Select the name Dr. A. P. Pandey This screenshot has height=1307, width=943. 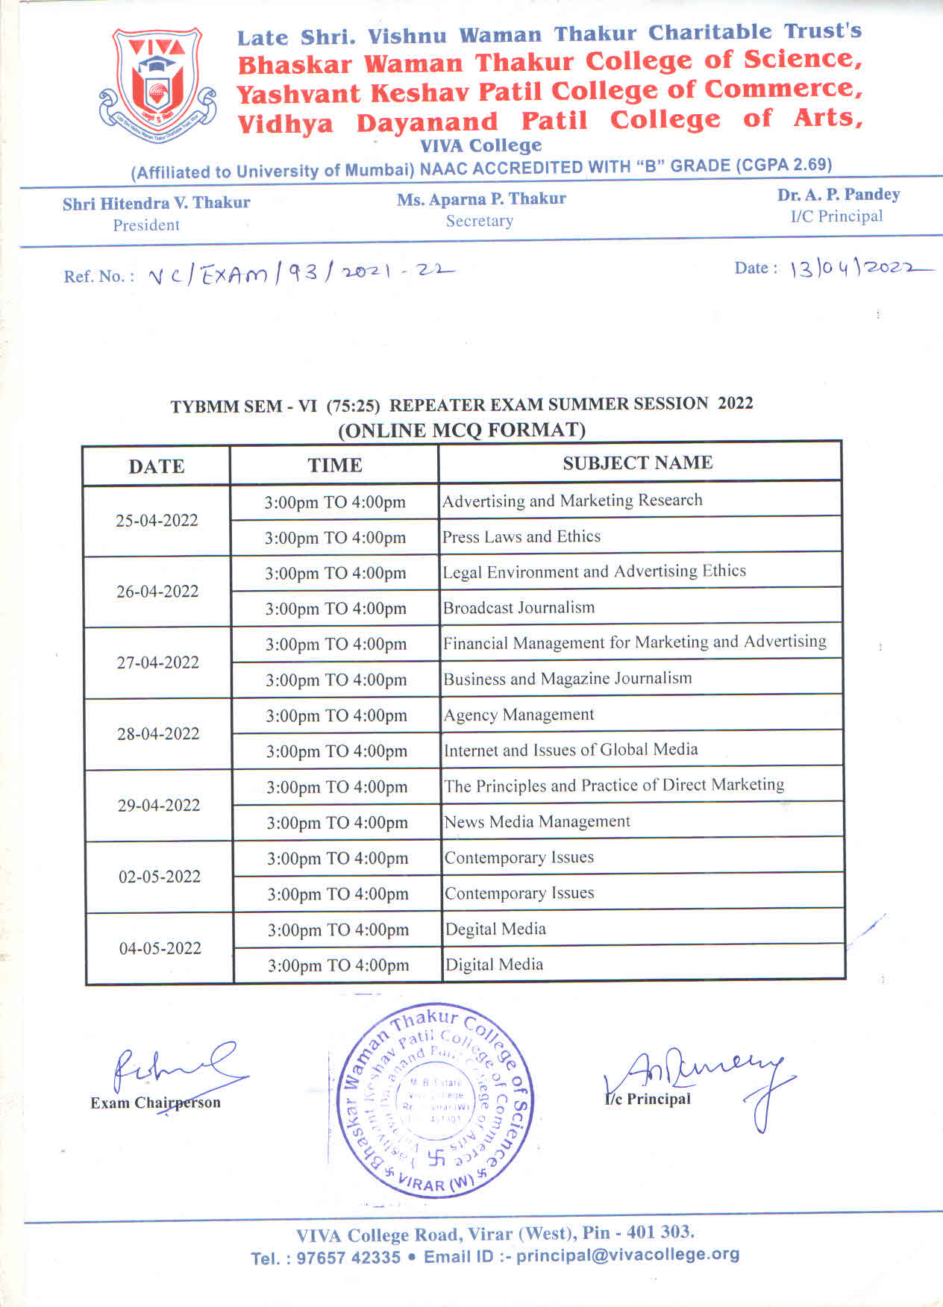(839, 195)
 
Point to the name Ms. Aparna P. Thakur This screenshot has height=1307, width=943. (481, 199)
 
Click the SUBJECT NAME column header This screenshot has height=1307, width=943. (638, 463)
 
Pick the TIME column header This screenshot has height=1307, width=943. (335, 466)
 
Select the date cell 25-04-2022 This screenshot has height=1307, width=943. (157, 521)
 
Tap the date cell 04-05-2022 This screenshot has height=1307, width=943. (160, 948)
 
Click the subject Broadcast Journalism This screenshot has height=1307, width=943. (519, 607)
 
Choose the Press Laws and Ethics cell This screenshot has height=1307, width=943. (521, 536)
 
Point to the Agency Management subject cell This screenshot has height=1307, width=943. (519, 715)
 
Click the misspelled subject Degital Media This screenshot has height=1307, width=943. (495, 929)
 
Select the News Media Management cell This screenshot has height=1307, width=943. (537, 821)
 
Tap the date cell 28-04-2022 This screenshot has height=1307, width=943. (158, 734)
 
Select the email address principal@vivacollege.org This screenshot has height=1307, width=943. (627, 1255)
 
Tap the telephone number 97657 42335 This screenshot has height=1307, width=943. (348, 1258)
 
